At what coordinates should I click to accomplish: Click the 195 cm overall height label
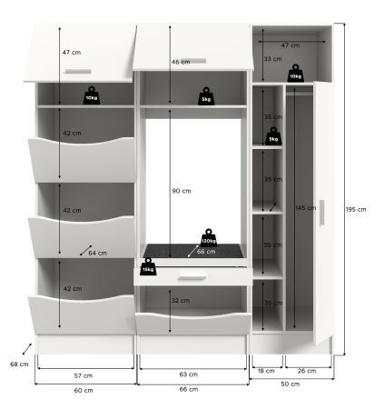tap(356, 210)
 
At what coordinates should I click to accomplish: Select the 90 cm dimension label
tap(182, 191)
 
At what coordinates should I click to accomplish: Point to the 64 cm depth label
tap(98, 253)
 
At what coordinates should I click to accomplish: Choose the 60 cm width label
tap(83, 390)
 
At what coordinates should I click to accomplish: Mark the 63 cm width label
tap(189, 374)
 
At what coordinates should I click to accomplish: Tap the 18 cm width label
tap(266, 372)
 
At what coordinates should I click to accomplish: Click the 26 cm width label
tap(307, 372)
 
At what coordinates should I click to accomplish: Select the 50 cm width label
tap(290, 384)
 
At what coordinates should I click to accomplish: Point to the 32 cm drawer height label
tap(181, 300)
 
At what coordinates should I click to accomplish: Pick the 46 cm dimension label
tap(181, 62)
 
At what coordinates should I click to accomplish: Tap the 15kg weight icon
tap(148, 266)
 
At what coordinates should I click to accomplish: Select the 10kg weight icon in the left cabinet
tap(91, 95)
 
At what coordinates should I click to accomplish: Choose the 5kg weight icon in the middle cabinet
tap(206, 95)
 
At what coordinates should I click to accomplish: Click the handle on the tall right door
tap(321, 215)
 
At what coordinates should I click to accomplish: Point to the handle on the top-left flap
tap(78, 71)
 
